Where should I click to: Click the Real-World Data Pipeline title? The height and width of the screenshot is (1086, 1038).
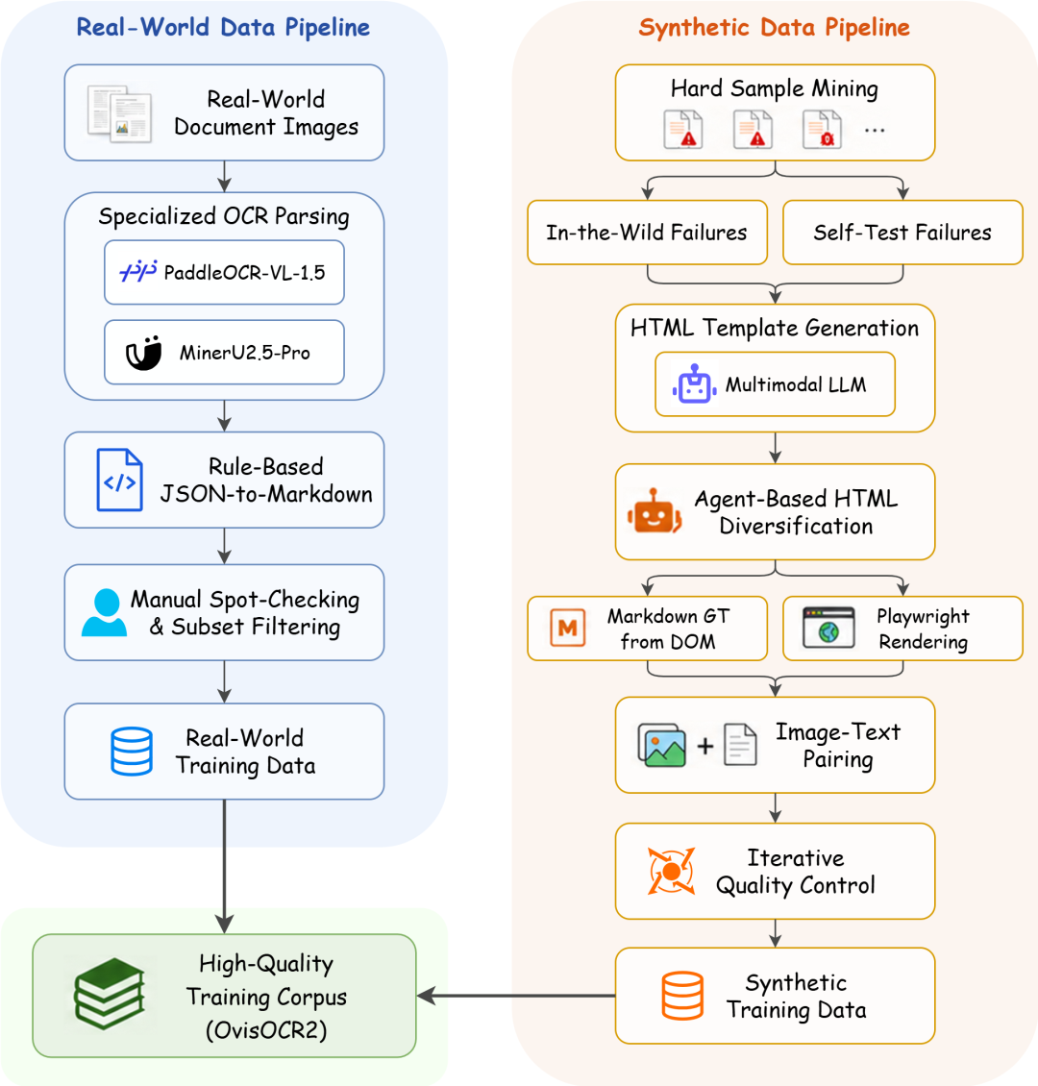223,28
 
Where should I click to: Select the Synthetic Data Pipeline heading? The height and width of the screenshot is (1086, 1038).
774,28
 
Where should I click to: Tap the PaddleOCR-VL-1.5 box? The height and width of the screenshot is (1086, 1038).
224,272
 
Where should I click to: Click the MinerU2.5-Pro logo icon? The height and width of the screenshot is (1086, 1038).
144,353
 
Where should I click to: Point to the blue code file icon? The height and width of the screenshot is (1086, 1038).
120,480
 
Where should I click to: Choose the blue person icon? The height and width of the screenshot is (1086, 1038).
105,612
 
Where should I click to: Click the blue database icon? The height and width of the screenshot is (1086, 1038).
132,752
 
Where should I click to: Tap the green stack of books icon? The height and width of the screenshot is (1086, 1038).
110,994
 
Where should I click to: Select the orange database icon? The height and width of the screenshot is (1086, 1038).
682,996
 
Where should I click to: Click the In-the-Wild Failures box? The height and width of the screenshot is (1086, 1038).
648,233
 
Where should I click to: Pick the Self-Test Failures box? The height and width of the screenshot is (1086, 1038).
903,233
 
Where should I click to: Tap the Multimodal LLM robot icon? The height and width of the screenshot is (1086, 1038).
695,384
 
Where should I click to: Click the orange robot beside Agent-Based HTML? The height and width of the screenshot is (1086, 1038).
655,512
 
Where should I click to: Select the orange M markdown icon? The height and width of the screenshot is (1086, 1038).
568,629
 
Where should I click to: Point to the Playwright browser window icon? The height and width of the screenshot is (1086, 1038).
828,629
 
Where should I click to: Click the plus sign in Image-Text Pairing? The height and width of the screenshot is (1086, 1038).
704,746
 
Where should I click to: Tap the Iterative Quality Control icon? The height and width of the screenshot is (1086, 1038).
671,872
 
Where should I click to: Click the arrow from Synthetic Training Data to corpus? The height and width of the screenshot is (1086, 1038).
516,996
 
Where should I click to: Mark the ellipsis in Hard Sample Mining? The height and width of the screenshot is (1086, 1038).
875,130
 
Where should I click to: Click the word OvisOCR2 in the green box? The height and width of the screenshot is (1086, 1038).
266,1030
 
